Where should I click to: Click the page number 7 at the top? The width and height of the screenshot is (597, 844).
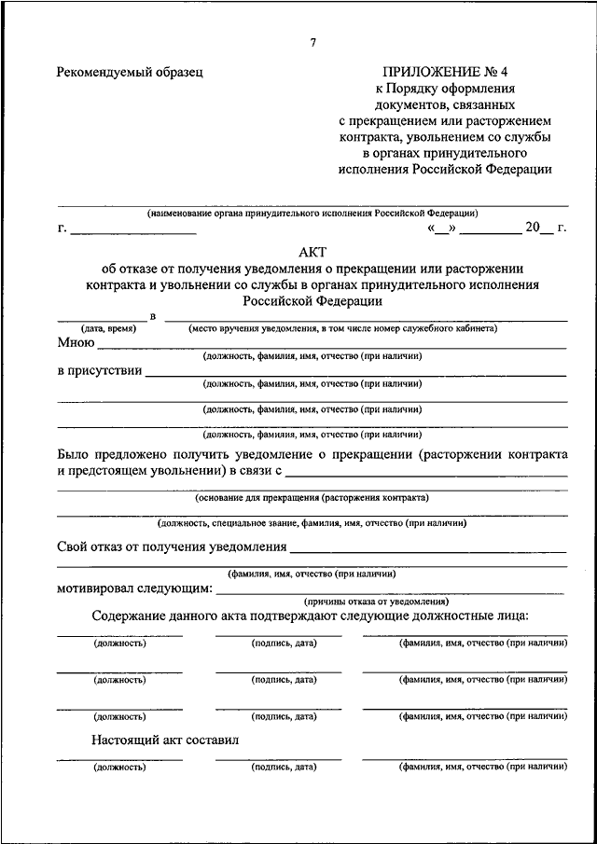pos(313,43)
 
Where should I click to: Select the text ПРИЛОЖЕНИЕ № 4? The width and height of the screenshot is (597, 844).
pos(445,71)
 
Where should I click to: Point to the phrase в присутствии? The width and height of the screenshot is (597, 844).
pos(100,370)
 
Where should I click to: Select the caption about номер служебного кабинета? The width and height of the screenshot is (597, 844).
pos(342,328)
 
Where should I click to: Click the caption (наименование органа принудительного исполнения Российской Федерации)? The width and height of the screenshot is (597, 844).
pos(312,213)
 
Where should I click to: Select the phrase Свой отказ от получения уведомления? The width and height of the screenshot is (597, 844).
pos(170,546)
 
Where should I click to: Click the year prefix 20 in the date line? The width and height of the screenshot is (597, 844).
pos(533,227)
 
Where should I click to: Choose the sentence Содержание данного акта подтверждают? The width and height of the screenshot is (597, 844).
pos(312,616)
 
